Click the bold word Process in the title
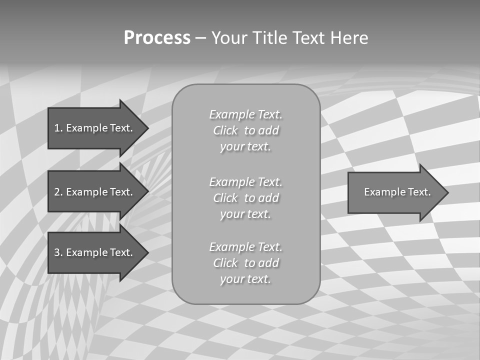(x=157, y=38)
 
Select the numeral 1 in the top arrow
(x=57, y=128)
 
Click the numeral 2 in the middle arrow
(x=57, y=192)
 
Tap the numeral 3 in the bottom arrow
(x=57, y=252)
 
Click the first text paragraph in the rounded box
(x=245, y=130)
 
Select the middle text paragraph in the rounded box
(x=245, y=198)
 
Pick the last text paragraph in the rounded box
(x=245, y=263)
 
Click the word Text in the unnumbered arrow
(x=419, y=192)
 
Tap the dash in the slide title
(x=200, y=38)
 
